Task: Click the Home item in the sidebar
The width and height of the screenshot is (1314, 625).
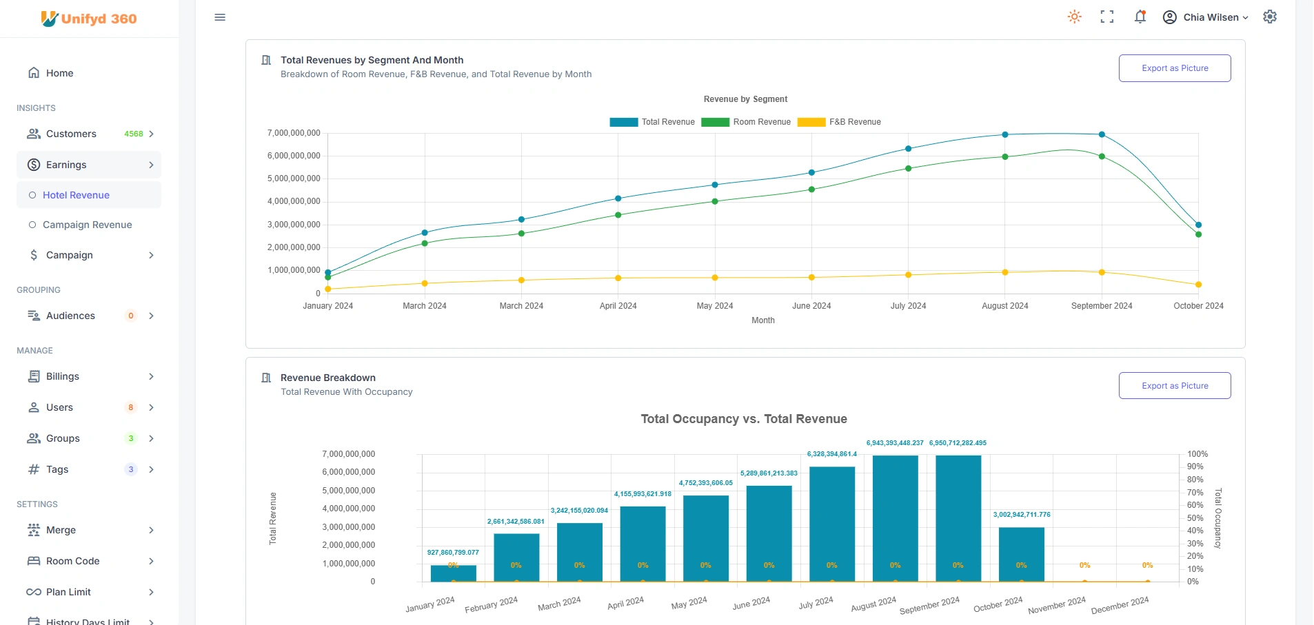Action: pos(59,73)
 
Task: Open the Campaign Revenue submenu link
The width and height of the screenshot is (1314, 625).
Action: pos(87,225)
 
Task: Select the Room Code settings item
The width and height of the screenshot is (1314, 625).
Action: pos(72,561)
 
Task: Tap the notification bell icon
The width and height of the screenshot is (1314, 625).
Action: pos(1140,17)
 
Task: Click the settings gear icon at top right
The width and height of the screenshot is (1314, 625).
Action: pos(1270,17)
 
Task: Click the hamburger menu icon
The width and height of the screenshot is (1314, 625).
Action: pos(220,17)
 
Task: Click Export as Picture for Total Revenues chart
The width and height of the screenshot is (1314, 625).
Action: pos(1174,68)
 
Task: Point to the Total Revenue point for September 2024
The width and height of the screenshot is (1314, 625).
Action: pos(1102,134)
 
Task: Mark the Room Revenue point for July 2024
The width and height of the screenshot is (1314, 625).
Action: pos(908,169)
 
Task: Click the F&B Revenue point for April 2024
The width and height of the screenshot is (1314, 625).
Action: pos(618,278)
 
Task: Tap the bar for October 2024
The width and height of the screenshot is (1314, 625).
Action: pos(1021,554)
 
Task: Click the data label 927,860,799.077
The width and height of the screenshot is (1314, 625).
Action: pos(453,553)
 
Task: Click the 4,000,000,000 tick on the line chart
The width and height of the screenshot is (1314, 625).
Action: pos(294,201)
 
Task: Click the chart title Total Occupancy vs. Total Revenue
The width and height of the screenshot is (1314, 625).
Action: pos(743,419)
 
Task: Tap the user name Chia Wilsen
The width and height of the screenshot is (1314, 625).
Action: pos(1211,17)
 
